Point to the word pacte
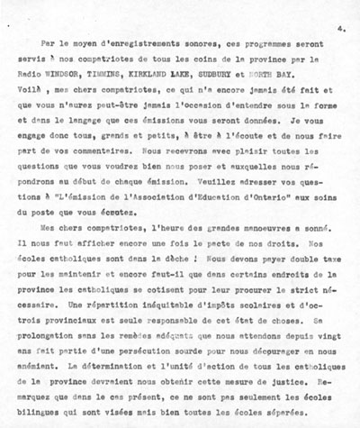pos(203,250)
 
